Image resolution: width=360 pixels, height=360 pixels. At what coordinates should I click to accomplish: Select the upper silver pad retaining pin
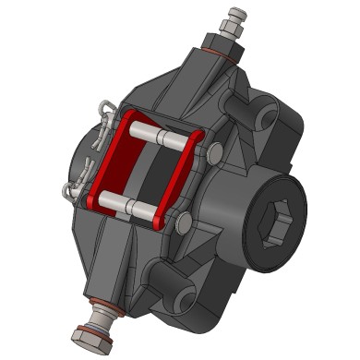(x=162, y=135)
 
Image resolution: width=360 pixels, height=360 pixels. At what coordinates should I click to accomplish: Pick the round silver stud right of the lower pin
(x=181, y=221)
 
